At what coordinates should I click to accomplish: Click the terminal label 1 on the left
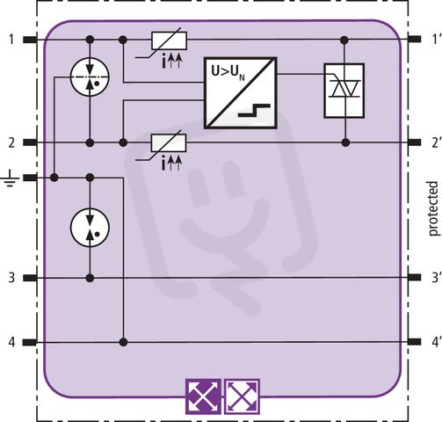[x=11, y=40]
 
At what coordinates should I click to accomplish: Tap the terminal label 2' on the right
[x=435, y=142]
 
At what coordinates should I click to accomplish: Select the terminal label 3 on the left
[x=11, y=278]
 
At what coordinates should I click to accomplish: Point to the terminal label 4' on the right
[x=435, y=342]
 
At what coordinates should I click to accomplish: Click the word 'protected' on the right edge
[x=434, y=208]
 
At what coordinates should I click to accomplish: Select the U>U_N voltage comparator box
[x=240, y=92]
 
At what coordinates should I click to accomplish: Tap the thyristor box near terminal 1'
[x=344, y=91]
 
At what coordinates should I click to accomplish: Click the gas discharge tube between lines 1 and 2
[x=91, y=77]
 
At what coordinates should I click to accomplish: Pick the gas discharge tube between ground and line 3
[x=91, y=227]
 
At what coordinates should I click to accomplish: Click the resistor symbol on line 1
[x=169, y=40]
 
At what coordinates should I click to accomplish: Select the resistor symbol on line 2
[x=169, y=143]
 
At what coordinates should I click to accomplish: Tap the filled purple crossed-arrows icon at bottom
[x=203, y=397]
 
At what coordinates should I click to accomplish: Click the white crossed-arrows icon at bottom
[x=242, y=397]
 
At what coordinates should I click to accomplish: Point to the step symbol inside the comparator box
[x=254, y=110]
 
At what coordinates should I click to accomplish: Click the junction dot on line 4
[x=124, y=342]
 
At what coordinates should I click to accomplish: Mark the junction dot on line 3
[x=91, y=278]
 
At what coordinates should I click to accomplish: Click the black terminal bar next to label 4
[x=30, y=342]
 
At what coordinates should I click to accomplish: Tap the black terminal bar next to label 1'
[x=414, y=39]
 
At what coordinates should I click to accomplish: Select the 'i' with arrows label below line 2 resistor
[x=171, y=164]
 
